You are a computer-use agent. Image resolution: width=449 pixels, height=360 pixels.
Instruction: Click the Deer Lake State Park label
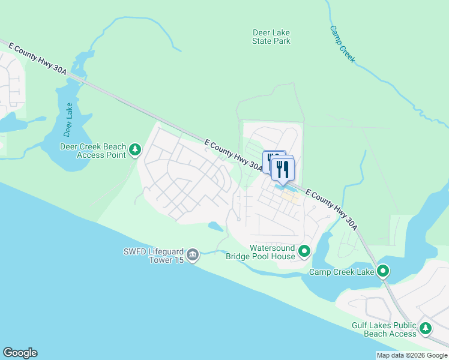pos(271,37)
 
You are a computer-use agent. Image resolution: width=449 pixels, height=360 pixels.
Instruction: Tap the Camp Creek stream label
pos(343,44)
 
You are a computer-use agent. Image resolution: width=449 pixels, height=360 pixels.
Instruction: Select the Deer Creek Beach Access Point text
pos(93,150)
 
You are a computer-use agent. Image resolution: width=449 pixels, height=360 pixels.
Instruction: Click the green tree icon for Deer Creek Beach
pos(136,149)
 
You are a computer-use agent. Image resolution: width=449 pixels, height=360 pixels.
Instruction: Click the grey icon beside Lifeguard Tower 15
pos(193,255)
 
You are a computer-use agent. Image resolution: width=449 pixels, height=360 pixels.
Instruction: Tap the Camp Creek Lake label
pos(341,272)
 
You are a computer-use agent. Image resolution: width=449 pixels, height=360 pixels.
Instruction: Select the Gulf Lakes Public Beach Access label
pos(384,329)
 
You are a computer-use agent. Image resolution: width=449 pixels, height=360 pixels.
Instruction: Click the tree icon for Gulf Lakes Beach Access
pos(426,328)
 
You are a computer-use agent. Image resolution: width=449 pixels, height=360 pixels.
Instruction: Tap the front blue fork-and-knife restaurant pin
pos(282,168)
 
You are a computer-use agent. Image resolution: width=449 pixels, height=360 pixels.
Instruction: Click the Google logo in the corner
pos(20,353)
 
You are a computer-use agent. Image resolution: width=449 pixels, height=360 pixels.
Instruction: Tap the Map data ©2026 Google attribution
pos(412,355)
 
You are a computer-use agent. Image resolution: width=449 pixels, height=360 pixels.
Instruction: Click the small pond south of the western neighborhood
pos(215,227)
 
